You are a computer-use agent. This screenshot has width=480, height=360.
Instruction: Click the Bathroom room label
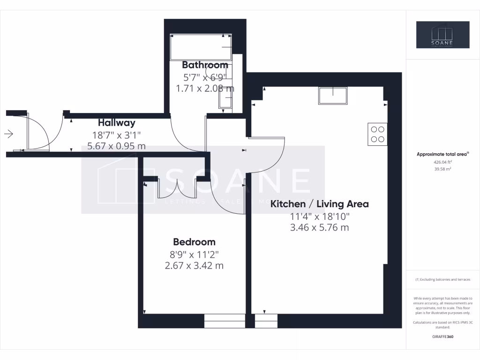[x=205, y=65]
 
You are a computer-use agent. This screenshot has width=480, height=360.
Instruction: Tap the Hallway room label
[x=116, y=123]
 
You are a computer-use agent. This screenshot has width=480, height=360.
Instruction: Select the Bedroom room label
[x=194, y=242]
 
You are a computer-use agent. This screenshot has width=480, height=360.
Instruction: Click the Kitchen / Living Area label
[x=320, y=204]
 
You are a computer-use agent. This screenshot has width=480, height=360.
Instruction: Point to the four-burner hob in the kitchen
[x=377, y=134]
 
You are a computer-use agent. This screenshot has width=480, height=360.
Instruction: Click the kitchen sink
[x=333, y=96]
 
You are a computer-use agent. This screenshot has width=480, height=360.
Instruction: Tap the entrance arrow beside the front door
[x=8, y=135]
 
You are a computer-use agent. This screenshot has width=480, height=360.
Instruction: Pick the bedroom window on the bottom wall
[x=225, y=321]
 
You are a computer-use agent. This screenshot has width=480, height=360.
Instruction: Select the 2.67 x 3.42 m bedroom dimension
[x=194, y=265]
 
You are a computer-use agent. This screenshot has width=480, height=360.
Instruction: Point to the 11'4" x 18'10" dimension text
[x=319, y=217]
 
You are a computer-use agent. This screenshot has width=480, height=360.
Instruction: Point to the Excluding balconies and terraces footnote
[x=443, y=279]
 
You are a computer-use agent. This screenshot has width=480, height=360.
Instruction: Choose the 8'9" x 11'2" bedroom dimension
[x=194, y=255]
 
